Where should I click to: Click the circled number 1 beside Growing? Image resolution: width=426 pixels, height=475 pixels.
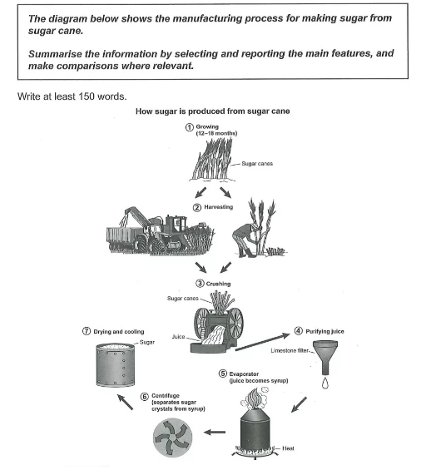189,127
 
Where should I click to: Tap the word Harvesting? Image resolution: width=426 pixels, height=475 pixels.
218,207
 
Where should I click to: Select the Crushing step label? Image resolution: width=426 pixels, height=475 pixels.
218,284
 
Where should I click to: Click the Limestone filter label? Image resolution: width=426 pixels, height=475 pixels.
290,350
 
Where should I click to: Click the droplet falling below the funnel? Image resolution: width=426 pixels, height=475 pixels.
325,383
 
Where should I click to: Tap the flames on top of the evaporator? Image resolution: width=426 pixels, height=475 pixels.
254,398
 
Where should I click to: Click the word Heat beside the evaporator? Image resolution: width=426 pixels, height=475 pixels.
288,448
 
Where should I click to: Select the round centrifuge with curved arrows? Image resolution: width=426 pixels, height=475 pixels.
172,437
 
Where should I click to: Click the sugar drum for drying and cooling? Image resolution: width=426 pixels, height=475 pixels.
115,365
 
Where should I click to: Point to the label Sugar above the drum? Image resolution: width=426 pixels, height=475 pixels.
147,342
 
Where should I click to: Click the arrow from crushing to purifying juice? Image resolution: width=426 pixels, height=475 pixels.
262,342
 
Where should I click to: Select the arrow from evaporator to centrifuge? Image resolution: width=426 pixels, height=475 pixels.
215,432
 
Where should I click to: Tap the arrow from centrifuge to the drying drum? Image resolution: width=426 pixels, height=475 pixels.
125,402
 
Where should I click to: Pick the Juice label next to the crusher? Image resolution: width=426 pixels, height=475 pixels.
178,337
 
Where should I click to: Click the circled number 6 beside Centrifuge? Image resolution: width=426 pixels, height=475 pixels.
145,397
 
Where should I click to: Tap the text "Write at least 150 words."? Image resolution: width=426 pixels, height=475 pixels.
72,96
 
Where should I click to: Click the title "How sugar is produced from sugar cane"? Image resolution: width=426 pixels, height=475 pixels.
213,111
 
